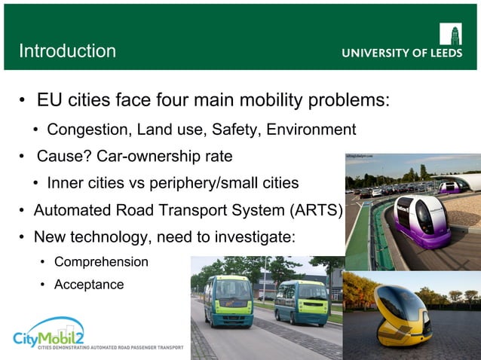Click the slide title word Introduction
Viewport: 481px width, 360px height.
[67, 51]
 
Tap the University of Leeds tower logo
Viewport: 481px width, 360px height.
[450, 34]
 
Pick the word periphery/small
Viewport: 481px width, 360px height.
[198, 183]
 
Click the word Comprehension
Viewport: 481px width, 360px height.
[101, 262]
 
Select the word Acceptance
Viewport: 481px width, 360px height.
[89, 285]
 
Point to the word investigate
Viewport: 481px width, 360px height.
[256, 236]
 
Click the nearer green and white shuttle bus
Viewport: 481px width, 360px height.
[228, 300]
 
